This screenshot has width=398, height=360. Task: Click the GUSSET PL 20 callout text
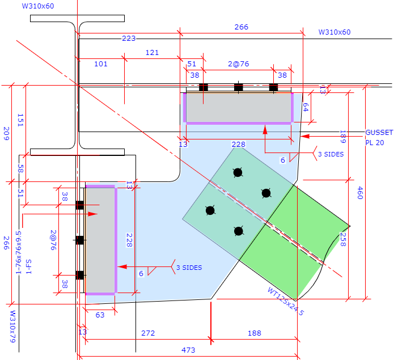coord(379,138)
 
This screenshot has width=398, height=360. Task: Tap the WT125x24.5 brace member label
coord(285,301)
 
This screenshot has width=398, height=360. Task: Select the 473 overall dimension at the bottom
coord(188,350)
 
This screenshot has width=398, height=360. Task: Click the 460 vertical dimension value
coord(360,193)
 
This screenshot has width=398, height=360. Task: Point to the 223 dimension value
coord(129,39)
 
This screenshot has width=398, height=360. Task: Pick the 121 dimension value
coord(152,53)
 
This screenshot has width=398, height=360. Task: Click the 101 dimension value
coord(101,63)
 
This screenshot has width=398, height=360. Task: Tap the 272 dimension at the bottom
coord(148,333)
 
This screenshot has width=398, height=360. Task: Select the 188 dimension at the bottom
coord(255,333)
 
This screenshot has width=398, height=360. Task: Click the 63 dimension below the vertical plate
coord(100,315)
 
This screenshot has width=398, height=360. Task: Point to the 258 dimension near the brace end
coord(342,239)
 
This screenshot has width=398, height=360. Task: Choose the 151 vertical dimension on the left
coord(20,120)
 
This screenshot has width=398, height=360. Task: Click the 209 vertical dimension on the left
coord(6,134)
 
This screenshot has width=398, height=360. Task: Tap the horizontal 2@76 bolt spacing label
coord(238,63)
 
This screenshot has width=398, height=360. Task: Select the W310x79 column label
coord(12,327)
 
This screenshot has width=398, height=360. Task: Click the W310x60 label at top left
coord(38,6)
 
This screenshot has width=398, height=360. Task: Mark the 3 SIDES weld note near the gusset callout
coord(331,154)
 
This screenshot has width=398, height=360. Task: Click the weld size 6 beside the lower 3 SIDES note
coord(141,273)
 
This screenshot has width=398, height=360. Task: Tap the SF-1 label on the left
coord(29,266)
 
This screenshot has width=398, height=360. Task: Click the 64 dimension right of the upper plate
coord(306,107)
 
